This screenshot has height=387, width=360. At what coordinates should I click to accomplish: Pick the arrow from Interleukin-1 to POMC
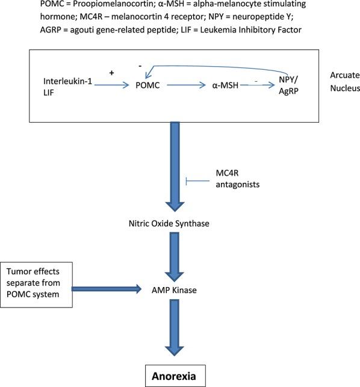(x=112, y=86)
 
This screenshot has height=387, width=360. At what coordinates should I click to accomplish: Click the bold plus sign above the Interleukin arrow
(x=111, y=72)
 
